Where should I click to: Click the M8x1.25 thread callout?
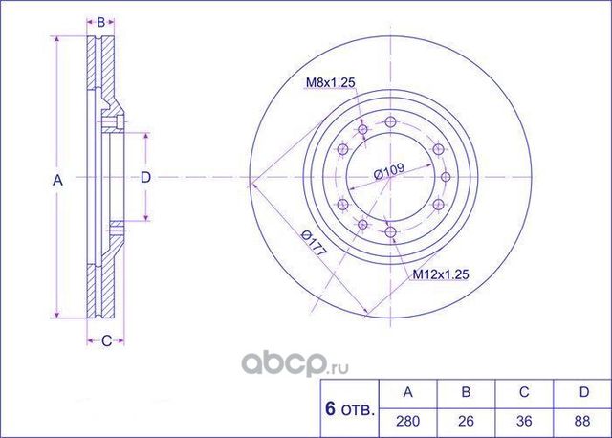click(x=330, y=83)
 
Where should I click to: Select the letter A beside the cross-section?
click(x=56, y=179)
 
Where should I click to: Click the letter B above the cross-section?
click(x=100, y=20)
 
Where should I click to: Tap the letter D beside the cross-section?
click(x=145, y=177)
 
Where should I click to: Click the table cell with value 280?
click(x=408, y=420)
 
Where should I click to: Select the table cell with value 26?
click(x=466, y=420)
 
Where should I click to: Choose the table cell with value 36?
click(x=523, y=420)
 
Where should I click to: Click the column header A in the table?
click(x=408, y=392)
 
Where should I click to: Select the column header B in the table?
click(x=466, y=392)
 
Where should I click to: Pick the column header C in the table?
click(x=523, y=392)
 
